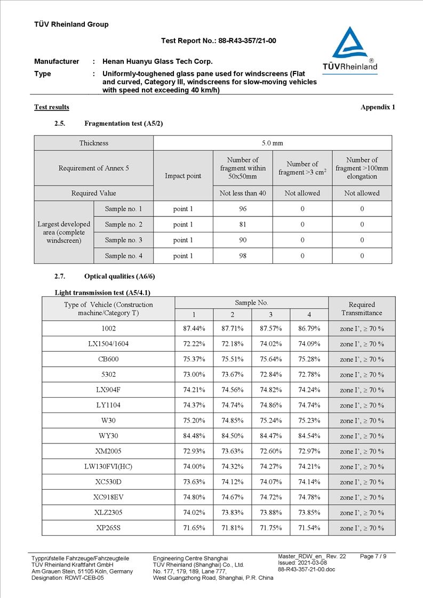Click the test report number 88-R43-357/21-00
247,41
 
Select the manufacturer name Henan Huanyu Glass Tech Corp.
157,61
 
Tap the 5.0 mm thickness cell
272,143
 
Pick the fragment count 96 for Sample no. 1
243,209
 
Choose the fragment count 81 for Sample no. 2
243,224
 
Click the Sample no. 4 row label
123,256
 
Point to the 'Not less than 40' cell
243,193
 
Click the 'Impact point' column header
183,176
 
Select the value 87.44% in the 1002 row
194,329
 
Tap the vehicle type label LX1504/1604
108,344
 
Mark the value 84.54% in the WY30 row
309,436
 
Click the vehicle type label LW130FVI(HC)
108,467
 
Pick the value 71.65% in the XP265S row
194,528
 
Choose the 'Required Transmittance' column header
362,309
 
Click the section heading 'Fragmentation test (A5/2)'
123,124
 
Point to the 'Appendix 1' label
378,107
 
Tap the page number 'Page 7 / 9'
373,556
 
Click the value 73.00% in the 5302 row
194,375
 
